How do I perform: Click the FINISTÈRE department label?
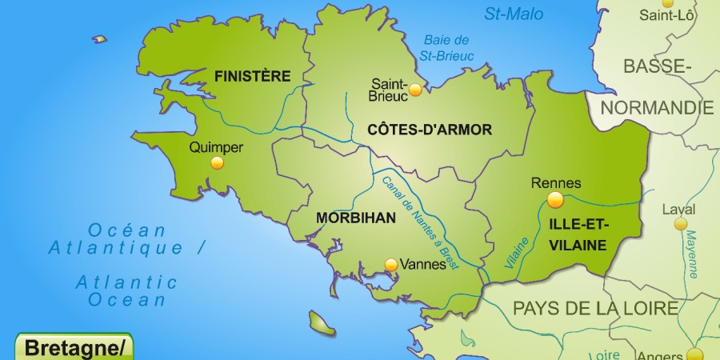(x=252, y=76)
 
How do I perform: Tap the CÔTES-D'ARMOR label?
(x=430, y=129)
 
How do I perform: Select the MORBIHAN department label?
(x=356, y=217)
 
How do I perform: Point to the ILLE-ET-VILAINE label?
(x=578, y=234)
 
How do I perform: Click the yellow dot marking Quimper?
(x=217, y=163)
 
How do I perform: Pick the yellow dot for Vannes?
(x=390, y=263)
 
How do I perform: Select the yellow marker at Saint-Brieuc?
(x=415, y=90)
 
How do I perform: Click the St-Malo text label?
(x=514, y=14)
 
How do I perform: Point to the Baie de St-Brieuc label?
(x=447, y=48)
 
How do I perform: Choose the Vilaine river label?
(x=515, y=251)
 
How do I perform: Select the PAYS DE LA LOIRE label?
(x=595, y=308)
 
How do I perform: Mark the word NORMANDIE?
(x=658, y=107)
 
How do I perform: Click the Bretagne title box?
(x=74, y=348)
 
